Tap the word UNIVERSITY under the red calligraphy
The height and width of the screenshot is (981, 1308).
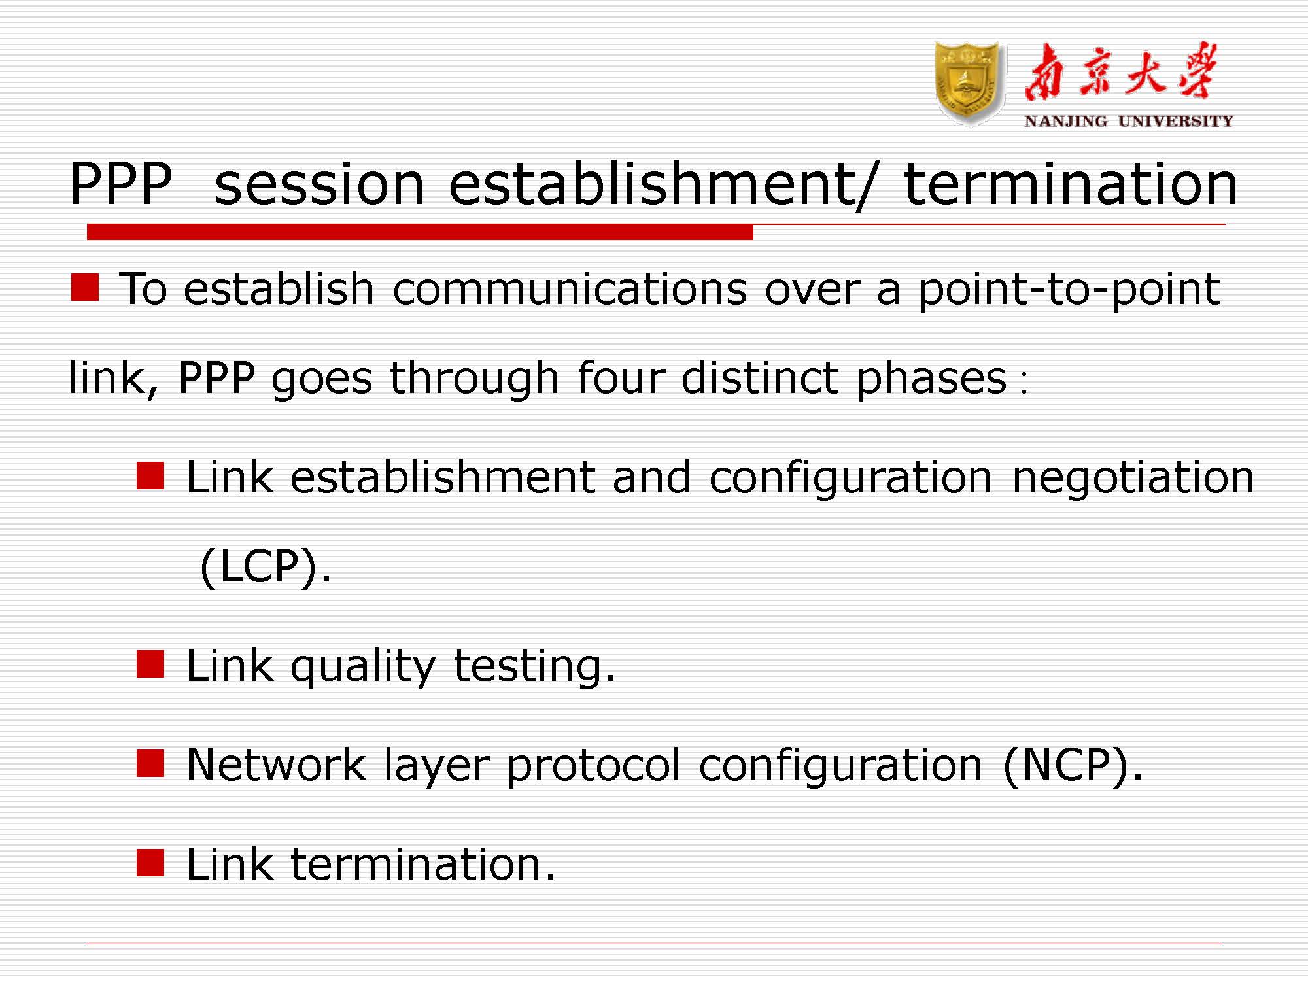click(1175, 121)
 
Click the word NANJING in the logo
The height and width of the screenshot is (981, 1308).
click(1065, 121)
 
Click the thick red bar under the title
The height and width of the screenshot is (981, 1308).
click(420, 232)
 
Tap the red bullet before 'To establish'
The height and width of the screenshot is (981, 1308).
click(85, 288)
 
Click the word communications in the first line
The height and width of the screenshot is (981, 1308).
click(570, 288)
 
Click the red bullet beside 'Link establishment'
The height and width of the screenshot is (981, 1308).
click(150, 476)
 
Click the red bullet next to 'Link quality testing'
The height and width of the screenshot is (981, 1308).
click(150, 664)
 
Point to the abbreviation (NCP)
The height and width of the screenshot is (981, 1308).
click(1073, 765)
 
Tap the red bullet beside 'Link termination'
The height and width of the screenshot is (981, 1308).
click(150, 862)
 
